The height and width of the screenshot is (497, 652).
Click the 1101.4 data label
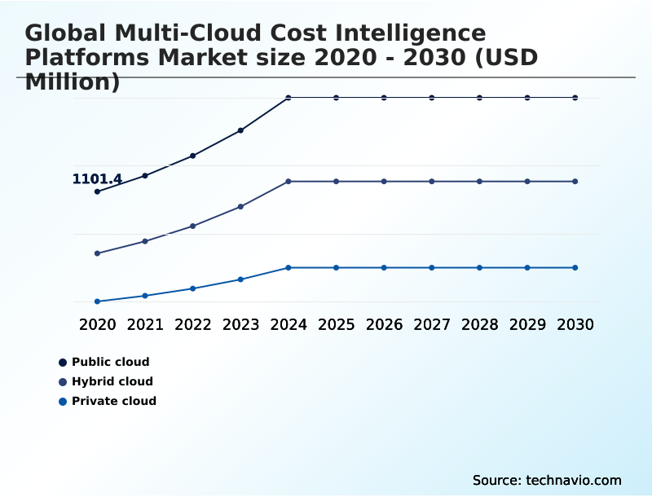pos(97,179)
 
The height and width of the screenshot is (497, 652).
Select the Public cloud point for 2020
pos(97,191)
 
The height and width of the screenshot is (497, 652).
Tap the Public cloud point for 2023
pos(240,130)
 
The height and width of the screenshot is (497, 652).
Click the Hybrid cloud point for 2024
pos(289,181)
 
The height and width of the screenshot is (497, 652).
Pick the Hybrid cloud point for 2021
pos(145,241)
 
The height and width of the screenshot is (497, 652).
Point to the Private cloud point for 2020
pos(97,301)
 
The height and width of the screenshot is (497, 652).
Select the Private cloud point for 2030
pos(575,267)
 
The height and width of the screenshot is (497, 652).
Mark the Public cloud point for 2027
pos(432,98)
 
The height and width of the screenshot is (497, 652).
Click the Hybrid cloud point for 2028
pos(479,181)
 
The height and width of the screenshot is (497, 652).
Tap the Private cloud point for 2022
pos(193,288)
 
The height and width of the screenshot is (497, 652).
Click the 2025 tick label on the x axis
pos(337,324)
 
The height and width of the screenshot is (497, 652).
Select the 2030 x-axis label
pos(575,324)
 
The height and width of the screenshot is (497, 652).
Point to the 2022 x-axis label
pos(193,324)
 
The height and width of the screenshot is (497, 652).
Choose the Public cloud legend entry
pos(110,362)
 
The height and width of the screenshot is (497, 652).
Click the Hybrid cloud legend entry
pos(112,381)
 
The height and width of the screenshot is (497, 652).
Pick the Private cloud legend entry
pos(113,401)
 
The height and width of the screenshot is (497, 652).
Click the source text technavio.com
pos(574,480)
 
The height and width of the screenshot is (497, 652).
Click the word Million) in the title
pos(73,82)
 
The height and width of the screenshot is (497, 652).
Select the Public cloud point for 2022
pos(193,156)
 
